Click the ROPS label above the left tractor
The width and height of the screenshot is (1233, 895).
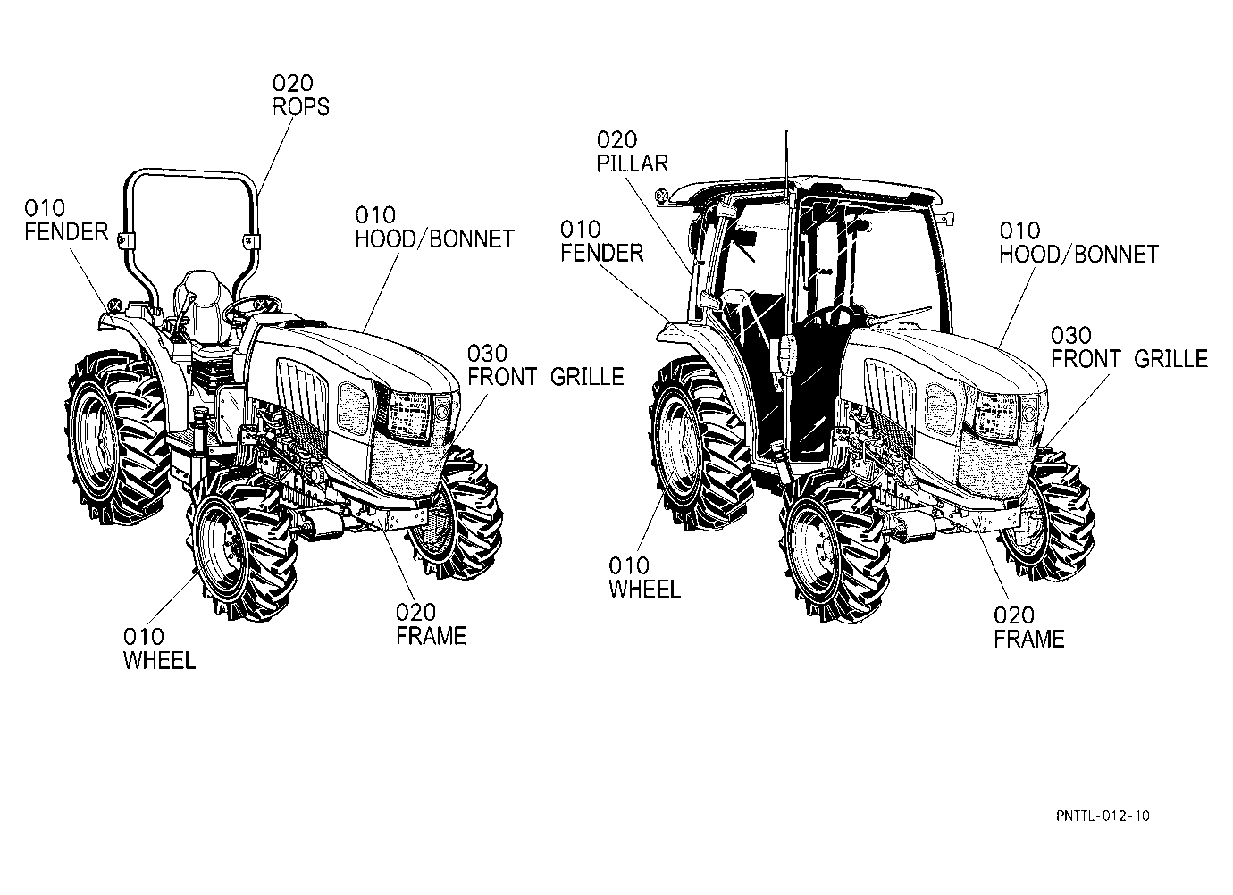[x=300, y=107]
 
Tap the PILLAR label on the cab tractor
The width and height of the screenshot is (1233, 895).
[x=632, y=163]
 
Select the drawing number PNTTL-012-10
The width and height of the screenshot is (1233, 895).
[x=1103, y=816]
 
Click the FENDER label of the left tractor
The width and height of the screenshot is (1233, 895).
[x=66, y=231]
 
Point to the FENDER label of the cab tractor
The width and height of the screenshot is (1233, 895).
[x=601, y=253]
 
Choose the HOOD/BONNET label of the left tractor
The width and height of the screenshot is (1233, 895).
[x=434, y=238]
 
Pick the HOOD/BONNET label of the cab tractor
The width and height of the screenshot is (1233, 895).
[x=1079, y=255]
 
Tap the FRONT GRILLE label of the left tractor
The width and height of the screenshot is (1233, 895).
[x=546, y=377]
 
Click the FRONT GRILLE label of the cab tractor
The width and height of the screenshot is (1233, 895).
[x=1129, y=359]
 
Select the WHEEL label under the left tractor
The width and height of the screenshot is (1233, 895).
[x=159, y=660]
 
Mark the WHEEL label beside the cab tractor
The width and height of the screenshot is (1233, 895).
[x=644, y=590]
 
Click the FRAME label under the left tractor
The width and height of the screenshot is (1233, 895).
[x=431, y=636]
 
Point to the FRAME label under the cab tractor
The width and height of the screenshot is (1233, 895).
[x=1028, y=639]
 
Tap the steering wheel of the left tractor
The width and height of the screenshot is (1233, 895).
[x=253, y=307]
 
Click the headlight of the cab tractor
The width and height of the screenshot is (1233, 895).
[x=995, y=416]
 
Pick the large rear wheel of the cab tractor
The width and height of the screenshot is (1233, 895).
[x=699, y=444]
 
